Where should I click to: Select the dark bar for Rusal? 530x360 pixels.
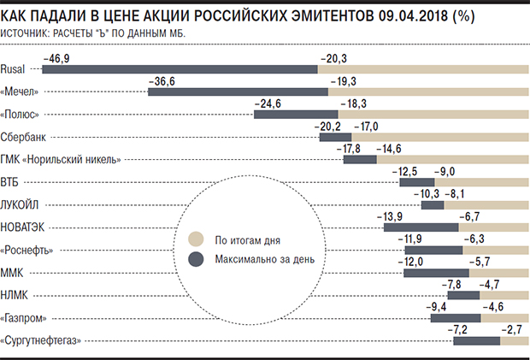180,69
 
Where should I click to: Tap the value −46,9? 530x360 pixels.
57,57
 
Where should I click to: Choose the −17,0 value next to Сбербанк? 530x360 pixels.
368,126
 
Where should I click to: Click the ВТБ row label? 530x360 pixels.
14,182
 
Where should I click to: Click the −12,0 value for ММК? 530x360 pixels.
415,263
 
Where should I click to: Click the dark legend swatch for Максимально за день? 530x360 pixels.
195,259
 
